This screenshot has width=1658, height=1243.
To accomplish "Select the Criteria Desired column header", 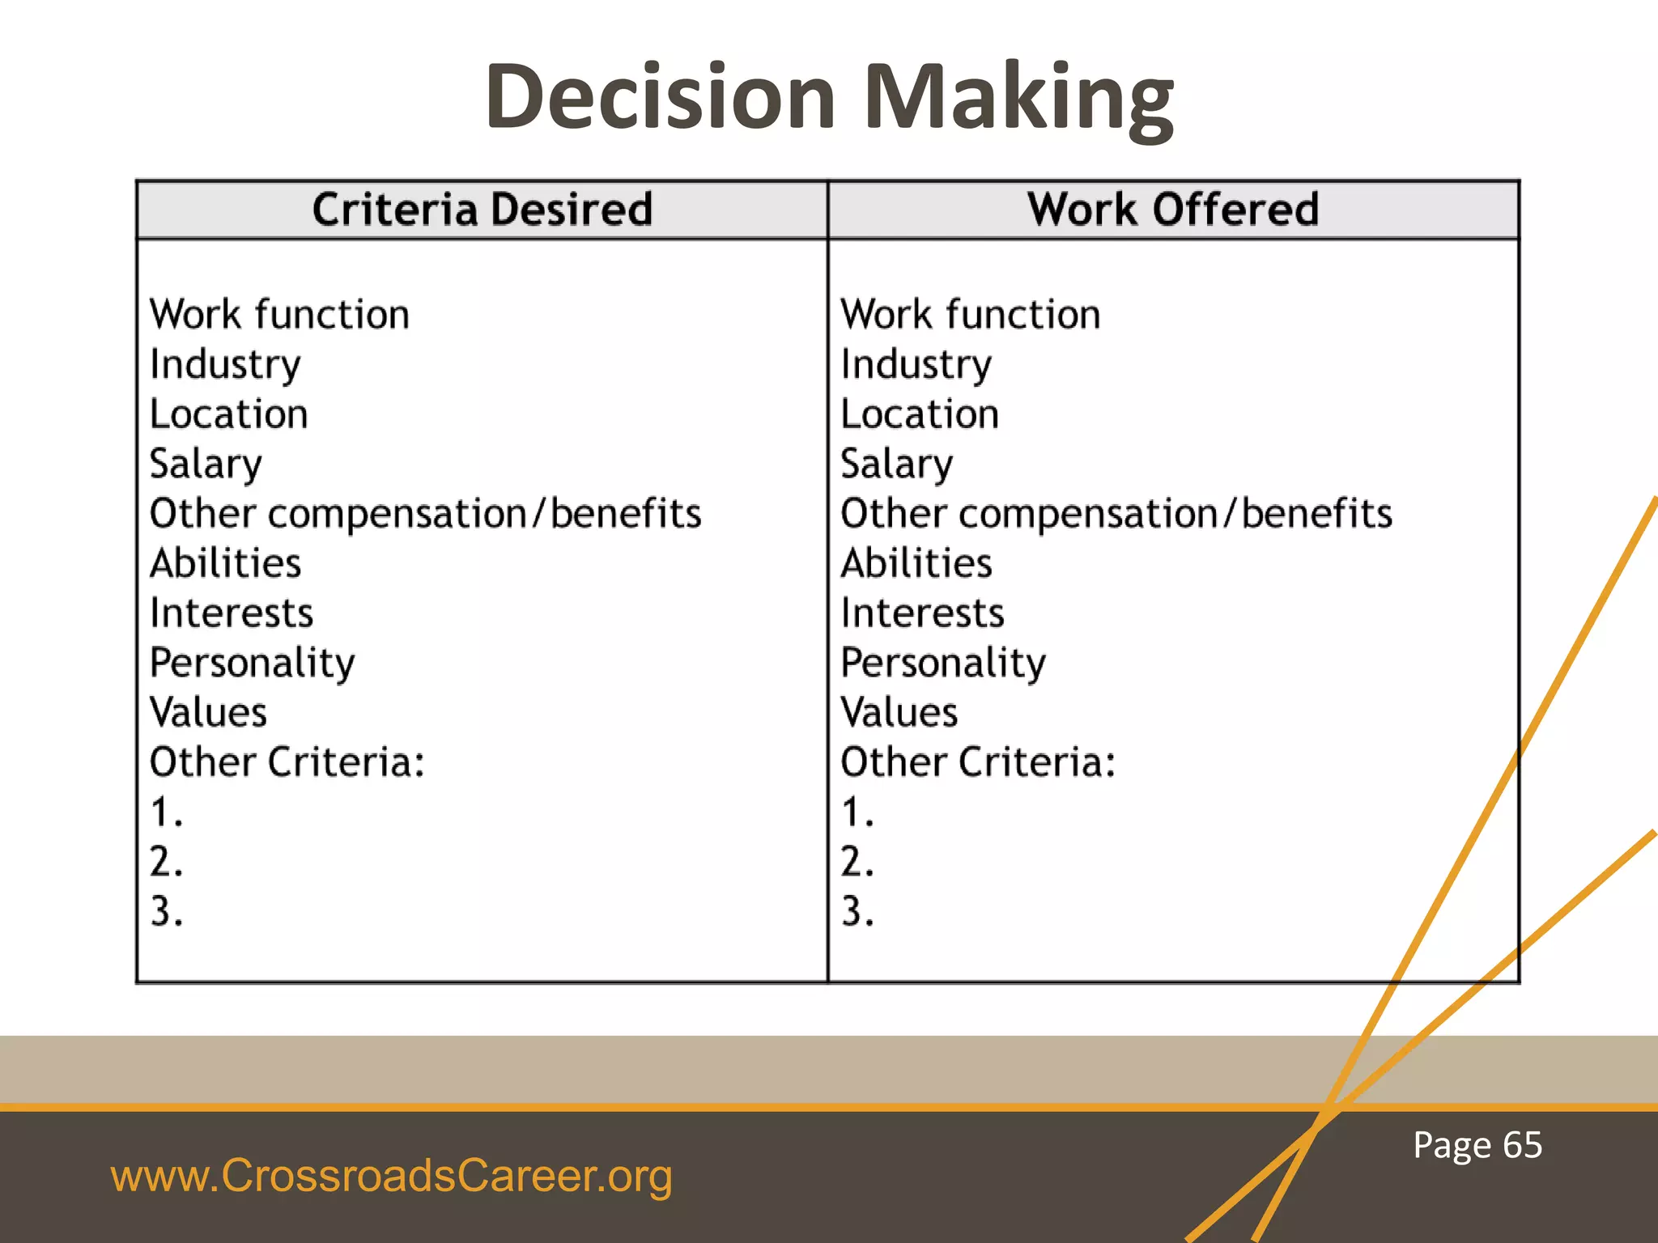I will point(483,210).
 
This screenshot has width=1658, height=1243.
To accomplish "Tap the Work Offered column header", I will point(1173,210).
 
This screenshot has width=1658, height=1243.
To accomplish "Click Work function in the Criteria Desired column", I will point(279,315).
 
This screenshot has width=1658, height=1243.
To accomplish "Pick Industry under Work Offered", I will point(916,365).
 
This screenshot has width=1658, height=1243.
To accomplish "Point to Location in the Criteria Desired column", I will point(229,414).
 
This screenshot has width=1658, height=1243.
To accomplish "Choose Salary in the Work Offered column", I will point(897,465).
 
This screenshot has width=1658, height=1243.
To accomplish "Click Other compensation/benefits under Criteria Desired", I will point(426,514).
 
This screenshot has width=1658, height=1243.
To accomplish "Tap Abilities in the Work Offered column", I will point(916,563).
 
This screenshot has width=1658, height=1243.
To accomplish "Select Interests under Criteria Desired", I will point(232,613).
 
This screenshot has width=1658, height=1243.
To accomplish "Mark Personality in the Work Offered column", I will point(943,664).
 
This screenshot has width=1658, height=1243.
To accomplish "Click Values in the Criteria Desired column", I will point(209,713).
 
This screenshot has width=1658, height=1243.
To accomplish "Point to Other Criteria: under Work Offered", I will point(978,762).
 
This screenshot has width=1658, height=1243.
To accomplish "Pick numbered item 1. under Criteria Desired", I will point(167,812).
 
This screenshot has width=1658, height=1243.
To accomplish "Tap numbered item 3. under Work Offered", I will point(857,912).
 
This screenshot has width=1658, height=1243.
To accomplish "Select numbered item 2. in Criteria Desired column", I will point(167,862).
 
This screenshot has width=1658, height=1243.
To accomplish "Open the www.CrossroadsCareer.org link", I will point(392,1176).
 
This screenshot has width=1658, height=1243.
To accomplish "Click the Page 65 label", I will point(1477,1146).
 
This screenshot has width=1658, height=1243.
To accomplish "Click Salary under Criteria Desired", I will point(206,465).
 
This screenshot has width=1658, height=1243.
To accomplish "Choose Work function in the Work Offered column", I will point(971,315).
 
